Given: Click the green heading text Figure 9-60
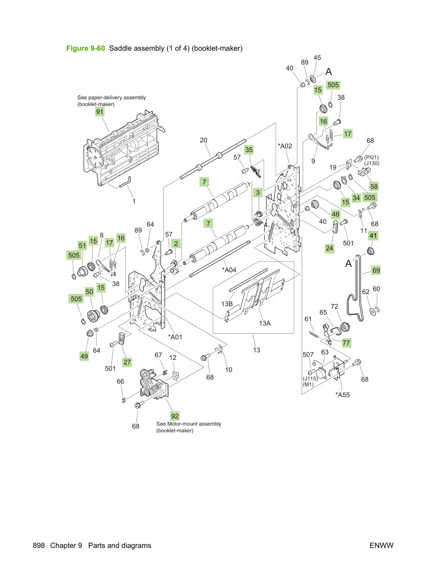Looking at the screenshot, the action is click(86, 48).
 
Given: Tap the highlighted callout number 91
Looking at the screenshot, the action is click(99, 112).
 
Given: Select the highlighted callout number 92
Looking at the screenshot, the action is click(175, 416).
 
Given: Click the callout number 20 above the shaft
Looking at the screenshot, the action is click(203, 140).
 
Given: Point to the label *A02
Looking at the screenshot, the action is click(285, 146).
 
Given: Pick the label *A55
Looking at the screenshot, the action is click(343, 395).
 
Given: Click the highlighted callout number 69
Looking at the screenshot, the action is click(376, 270).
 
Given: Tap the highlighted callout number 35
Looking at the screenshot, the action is click(249, 150).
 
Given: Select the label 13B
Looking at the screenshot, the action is click(227, 304).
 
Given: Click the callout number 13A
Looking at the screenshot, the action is click(264, 323).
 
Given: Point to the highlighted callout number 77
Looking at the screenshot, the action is click(346, 343).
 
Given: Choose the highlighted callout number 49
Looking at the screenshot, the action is click(84, 356).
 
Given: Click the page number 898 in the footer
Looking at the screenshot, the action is click(39, 545).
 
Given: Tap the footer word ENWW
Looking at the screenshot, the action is click(381, 545).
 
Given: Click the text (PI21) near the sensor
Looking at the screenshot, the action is click(371, 158).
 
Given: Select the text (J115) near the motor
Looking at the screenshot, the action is click(310, 379).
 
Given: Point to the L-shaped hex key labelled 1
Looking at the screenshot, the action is click(125, 182).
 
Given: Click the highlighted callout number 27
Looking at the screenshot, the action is click(127, 362).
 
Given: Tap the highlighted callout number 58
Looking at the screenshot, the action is click(374, 186).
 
